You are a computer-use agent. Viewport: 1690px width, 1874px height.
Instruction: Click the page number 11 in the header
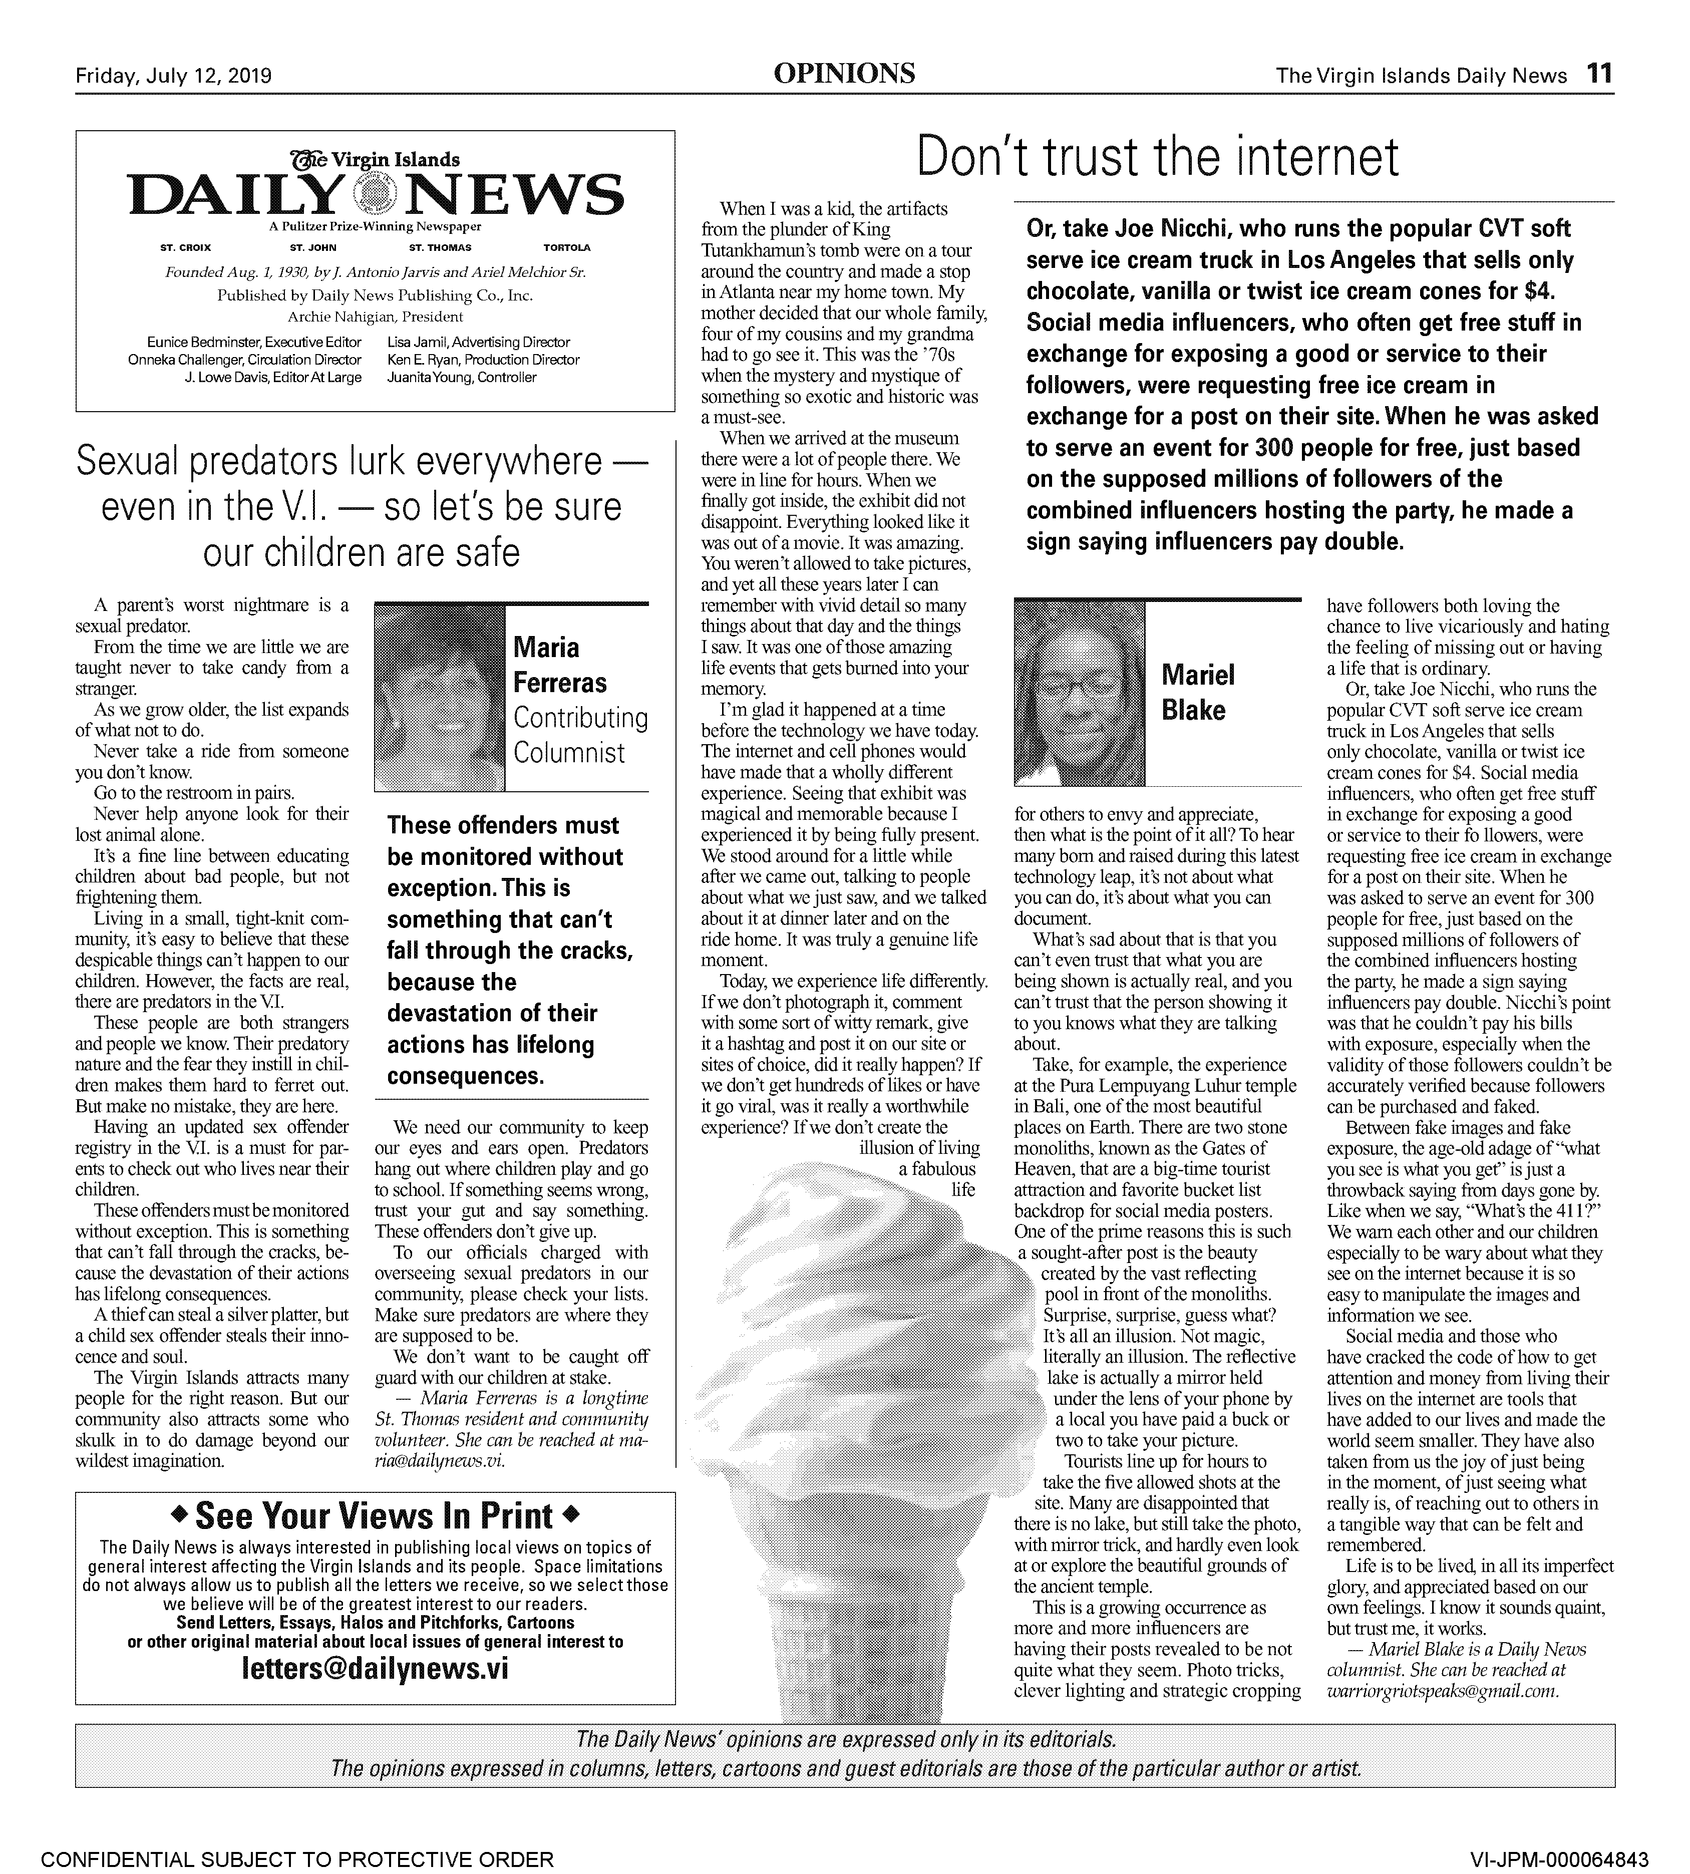click(x=1599, y=74)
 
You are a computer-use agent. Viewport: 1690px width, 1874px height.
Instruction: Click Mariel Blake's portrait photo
click(x=1080, y=693)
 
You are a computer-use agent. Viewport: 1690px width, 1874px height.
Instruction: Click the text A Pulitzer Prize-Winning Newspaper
click(x=375, y=226)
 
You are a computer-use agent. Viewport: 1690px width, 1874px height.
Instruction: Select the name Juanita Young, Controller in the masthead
click(x=462, y=377)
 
